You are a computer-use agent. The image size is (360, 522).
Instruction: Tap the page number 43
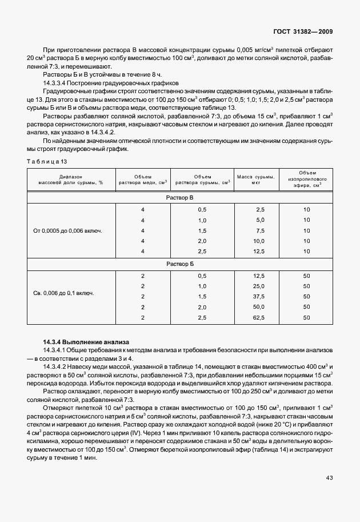(329, 477)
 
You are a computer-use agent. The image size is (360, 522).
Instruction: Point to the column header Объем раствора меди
(143, 179)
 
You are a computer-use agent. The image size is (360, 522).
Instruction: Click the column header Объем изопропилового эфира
(306, 178)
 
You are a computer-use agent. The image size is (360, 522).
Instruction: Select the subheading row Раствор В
(179, 197)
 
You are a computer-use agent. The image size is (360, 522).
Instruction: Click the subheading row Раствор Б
(179, 264)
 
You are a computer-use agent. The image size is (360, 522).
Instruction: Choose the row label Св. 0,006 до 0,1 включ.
(64, 293)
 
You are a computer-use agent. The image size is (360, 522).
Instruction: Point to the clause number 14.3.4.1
(58, 349)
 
